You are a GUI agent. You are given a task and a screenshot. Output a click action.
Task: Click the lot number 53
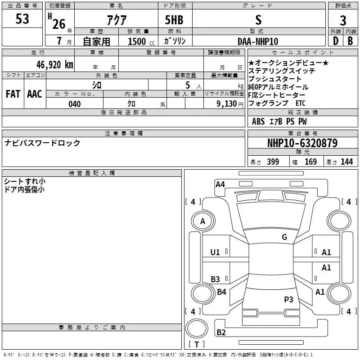click(22, 19)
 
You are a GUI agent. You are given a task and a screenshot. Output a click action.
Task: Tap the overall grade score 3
click(343, 20)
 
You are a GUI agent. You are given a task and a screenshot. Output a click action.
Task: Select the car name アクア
click(117, 20)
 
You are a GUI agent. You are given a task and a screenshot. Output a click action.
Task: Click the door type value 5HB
click(174, 20)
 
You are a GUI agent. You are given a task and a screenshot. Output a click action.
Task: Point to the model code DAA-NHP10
click(258, 41)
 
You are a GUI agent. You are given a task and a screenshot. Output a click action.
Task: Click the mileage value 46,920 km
click(55, 64)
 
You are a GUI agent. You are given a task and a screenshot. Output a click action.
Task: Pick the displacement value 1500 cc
click(141, 41)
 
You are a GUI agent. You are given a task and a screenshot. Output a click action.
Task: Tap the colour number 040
click(75, 104)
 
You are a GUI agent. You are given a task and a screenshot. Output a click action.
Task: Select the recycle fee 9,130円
click(230, 104)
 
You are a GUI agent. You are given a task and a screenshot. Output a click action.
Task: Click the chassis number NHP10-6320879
click(302, 143)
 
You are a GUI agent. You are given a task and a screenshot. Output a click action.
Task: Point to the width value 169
click(310, 162)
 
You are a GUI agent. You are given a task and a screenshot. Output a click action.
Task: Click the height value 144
click(346, 162)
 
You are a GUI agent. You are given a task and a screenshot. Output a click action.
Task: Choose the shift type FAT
click(13, 94)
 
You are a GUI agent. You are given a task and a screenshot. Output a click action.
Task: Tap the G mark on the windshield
click(284, 237)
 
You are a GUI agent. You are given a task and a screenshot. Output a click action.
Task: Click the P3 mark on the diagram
click(288, 299)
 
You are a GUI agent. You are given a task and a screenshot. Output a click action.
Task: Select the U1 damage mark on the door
click(215, 252)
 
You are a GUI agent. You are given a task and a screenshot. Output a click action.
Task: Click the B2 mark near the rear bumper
click(221, 332)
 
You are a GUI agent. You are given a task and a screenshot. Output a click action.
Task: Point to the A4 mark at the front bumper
click(220, 184)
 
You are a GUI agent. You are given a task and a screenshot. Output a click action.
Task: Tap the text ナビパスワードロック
click(42, 143)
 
